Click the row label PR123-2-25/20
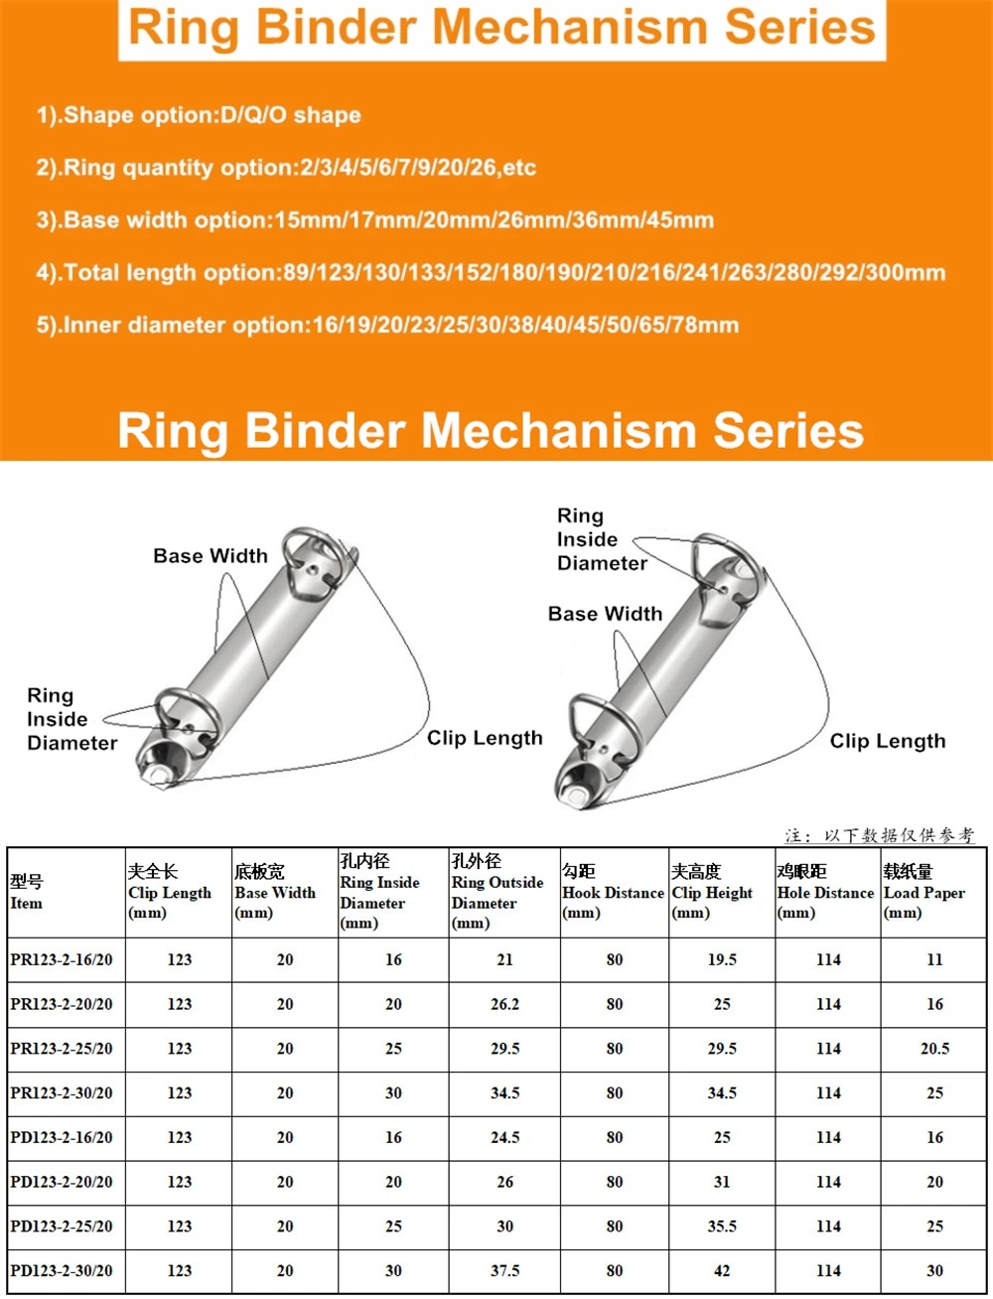tap(62, 1049)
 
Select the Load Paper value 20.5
tap(934, 1049)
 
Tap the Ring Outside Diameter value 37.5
tap(504, 1271)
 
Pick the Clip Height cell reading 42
tap(722, 1271)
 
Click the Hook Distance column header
tap(613, 892)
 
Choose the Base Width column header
tap(275, 892)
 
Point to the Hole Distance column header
tap(825, 892)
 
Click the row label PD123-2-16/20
tap(62, 1138)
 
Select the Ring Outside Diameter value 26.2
tap(504, 1004)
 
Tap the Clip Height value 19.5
tap(722, 960)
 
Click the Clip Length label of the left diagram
tap(485, 738)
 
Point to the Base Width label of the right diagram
tap(605, 614)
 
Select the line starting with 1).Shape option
tap(199, 115)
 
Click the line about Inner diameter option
tap(387, 325)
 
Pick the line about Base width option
tap(374, 219)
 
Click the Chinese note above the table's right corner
tap(879, 835)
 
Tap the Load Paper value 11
tap(934, 960)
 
